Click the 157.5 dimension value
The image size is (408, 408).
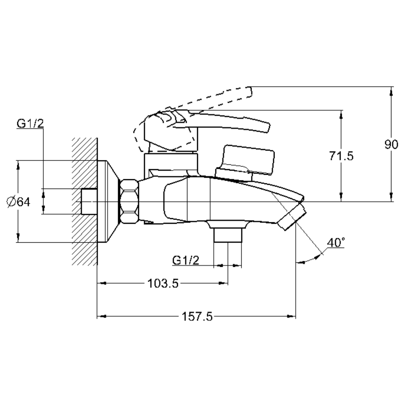coord(197,317)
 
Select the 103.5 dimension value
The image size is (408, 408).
coord(163,283)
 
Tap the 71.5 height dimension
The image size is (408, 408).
coord(341,156)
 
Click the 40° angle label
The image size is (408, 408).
coord(336,243)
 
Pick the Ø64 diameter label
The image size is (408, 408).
coord(19,202)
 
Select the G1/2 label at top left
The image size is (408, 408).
coord(30,124)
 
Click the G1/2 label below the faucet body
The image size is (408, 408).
coord(186,260)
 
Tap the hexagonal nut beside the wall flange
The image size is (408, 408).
coord(129,201)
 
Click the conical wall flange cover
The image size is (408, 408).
coord(108,201)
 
